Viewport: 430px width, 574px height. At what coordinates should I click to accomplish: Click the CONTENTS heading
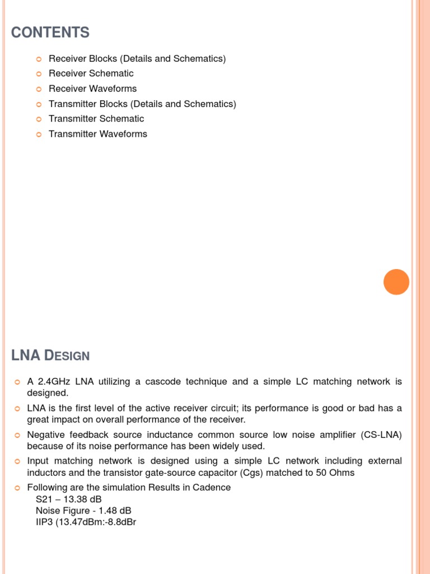tap(50, 33)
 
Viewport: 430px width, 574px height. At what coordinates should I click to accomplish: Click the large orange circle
tap(396, 282)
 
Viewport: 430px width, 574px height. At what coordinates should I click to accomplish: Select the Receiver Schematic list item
tap(91, 73)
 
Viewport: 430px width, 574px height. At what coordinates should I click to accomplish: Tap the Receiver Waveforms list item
tap(92, 89)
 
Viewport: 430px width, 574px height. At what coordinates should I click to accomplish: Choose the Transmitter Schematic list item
tap(96, 119)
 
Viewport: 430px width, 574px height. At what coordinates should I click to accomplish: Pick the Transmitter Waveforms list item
tap(98, 134)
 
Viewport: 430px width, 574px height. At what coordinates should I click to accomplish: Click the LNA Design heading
tap(50, 355)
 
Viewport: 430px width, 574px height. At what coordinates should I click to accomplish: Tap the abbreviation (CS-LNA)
tap(380, 435)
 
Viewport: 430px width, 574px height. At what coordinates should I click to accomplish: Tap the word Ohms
tap(342, 473)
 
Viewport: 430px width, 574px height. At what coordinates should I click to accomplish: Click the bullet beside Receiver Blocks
tap(39, 59)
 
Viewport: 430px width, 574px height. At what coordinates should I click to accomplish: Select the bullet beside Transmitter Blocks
tap(39, 104)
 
